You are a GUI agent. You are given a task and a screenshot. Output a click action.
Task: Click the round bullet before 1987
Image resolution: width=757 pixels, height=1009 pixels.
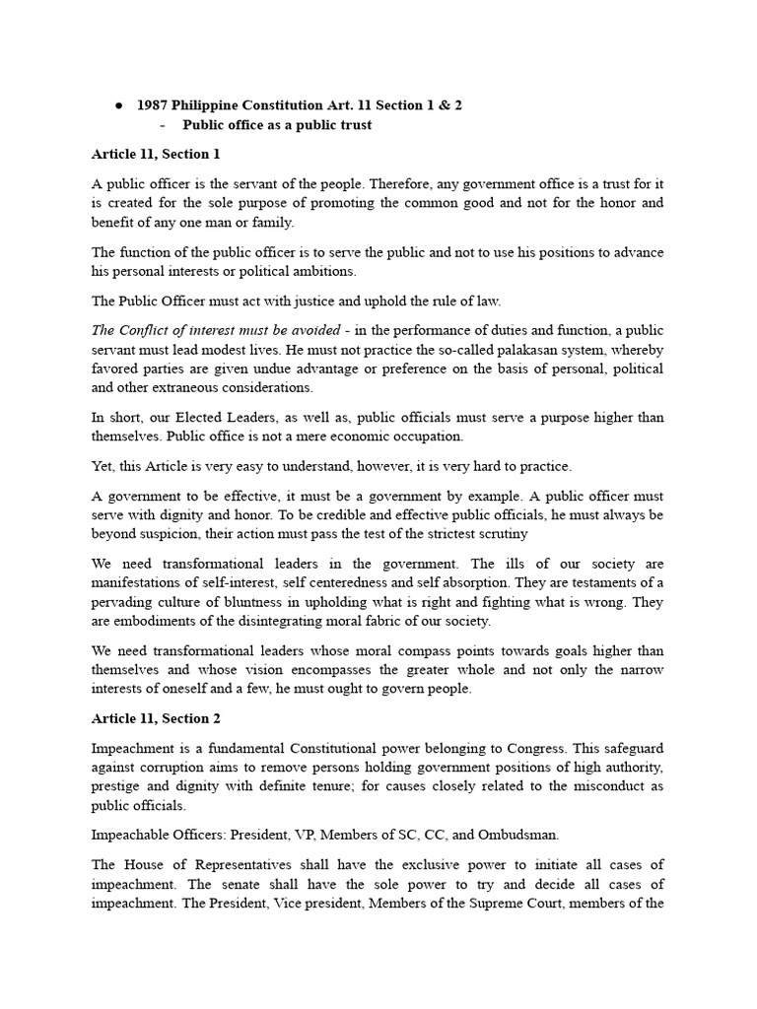coord(118,105)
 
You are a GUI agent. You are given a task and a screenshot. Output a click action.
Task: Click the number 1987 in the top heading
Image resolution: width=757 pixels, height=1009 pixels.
coord(154,105)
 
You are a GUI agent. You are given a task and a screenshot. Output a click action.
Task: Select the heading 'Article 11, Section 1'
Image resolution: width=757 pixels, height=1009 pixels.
coord(156,154)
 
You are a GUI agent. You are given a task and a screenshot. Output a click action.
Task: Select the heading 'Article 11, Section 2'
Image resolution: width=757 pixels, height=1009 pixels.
coord(157,717)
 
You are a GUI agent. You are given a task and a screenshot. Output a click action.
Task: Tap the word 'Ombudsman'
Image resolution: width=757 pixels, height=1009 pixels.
coord(512,834)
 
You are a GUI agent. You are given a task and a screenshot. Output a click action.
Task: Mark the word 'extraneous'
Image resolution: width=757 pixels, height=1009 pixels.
coord(172,387)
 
